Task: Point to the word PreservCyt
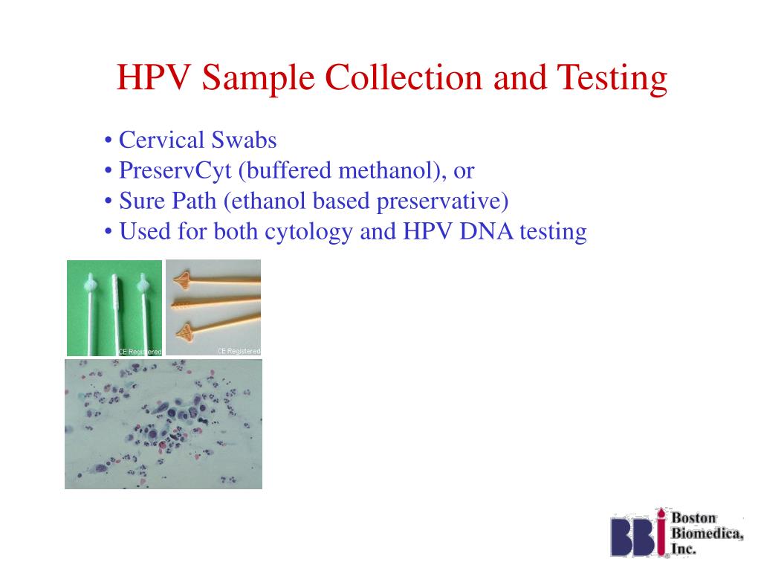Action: (177, 171)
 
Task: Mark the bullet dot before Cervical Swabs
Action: (109, 141)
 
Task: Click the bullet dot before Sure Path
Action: (109, 202)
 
